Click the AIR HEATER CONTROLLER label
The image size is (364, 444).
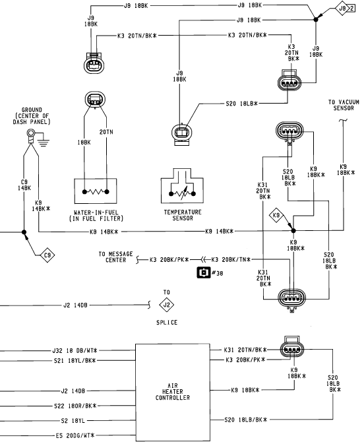[x=173, y=392]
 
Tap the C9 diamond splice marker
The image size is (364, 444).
[x=47, y=255]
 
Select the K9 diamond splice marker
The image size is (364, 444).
[x=276, y=216]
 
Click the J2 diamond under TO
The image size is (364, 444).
[x=166, y=305]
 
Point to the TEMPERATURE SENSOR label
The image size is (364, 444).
[x=183, y=215]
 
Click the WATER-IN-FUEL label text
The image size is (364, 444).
[x=96, y=212]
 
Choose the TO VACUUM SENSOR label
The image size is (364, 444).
[x=344, y=105]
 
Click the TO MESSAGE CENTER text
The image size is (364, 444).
[x=115, y=257]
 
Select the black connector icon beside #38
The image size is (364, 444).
[x=204, y=272]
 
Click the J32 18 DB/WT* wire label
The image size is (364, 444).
[x=75, y=350]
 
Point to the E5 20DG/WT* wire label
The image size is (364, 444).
[x=75, y=435]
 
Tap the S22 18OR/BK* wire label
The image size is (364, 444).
[x=75, y=406]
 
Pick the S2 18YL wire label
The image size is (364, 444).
[x=73, y=421]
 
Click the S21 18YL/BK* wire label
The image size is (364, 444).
[x=75, y=361]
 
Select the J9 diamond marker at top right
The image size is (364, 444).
[x=343, y=9]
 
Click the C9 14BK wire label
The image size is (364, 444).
[x=24, y=185]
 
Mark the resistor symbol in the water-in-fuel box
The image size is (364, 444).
[x=96, y=192]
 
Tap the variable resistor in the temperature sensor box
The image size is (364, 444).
[x=182, y=193]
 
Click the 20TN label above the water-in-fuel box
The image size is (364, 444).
[x=106, y=132]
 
